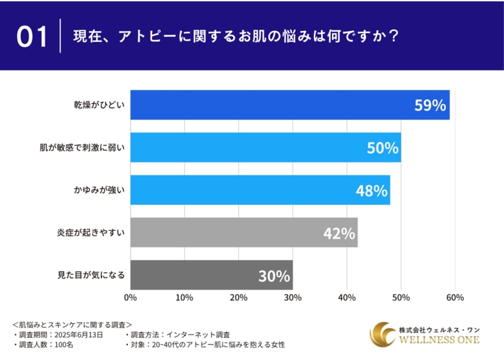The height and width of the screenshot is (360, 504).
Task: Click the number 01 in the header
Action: [32, 36]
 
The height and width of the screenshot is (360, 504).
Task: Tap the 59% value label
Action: [430, 105]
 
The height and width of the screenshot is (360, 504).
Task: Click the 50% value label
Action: [383, 148]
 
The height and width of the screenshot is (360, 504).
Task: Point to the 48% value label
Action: [372, 191]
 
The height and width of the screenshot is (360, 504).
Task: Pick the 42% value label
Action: [339, 233]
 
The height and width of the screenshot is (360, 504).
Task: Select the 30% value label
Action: [274, 276]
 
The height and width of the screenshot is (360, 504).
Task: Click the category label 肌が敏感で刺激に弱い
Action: [82, 148]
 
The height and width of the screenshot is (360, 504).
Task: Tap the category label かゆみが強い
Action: [99, 191]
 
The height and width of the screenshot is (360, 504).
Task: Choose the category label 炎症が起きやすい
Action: [90, 233]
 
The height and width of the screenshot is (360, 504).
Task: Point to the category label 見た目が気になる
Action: [91, 276]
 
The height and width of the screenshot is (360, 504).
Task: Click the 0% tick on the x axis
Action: [131, 297]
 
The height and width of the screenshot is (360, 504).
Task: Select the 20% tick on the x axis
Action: [238, 297]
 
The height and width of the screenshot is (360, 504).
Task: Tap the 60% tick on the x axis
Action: [455, 297]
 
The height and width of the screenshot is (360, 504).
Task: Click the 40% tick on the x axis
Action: [347, 297]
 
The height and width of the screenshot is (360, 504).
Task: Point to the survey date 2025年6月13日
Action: [83, 335]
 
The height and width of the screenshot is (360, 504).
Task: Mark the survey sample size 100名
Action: [65, 345]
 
